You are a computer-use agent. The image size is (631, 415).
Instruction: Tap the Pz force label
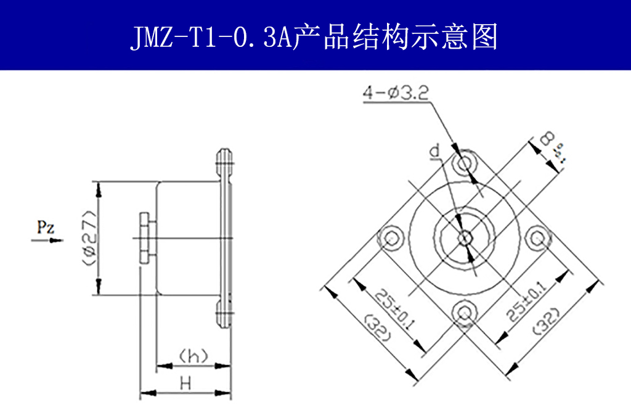(x=44, y=227)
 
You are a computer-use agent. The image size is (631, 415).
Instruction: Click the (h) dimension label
(x=192, y=356)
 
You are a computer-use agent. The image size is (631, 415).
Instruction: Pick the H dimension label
(x=184, y=383)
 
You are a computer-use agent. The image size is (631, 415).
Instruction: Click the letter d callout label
(x=435, y=151)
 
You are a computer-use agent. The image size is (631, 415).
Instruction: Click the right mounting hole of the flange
(x=538, y=237)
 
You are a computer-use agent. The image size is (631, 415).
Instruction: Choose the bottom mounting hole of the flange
(x=464, y=312)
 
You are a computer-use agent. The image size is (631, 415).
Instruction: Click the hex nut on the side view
(x=144, y=238)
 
